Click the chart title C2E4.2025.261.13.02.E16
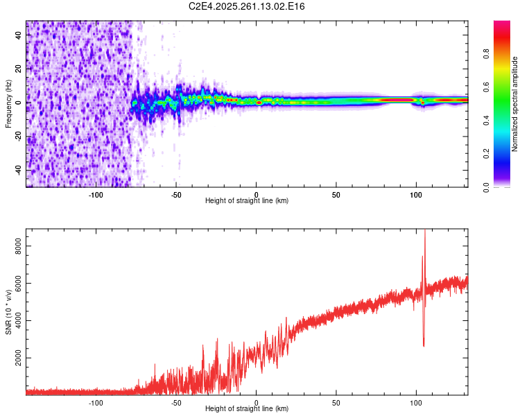(x=248, y=6)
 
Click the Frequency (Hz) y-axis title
(x=8, y=104)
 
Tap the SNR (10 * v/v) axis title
(x=8, y=311)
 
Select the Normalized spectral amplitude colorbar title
(x=514, y=104)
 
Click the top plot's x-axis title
(x=247, y=201)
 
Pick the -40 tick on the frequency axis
(x=19, y=170)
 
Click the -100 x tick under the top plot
(x=96, y=194)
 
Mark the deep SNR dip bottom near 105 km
(x=423, y=345)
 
